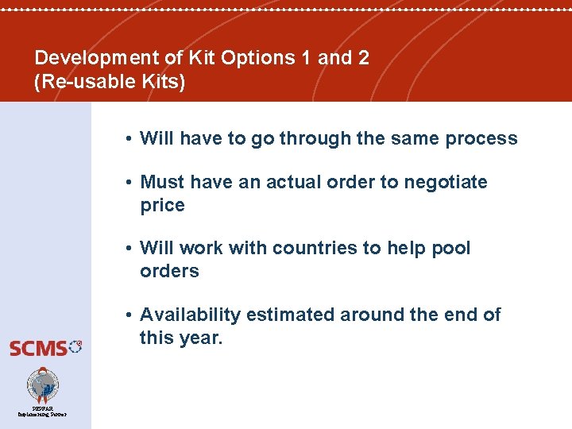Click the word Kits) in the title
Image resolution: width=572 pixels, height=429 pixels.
coord(164,82)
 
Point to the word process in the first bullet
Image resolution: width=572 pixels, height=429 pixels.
coord(481,139)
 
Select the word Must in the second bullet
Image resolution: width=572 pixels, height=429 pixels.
coord(160,183)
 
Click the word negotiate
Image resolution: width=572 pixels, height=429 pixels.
coord(446,183)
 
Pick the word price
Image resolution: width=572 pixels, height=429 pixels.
coord(162,206)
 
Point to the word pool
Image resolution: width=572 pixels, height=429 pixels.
coord(451,249)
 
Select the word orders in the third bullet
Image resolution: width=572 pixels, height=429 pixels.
coord(169,272)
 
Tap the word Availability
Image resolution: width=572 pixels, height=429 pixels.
coord(190,315)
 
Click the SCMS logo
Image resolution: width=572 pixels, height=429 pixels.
coord(45,347)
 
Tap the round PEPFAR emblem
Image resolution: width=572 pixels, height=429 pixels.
coord(43,385)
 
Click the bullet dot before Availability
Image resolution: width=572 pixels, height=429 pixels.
coord(128,315)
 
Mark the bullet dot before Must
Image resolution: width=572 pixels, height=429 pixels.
coord(128,183)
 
